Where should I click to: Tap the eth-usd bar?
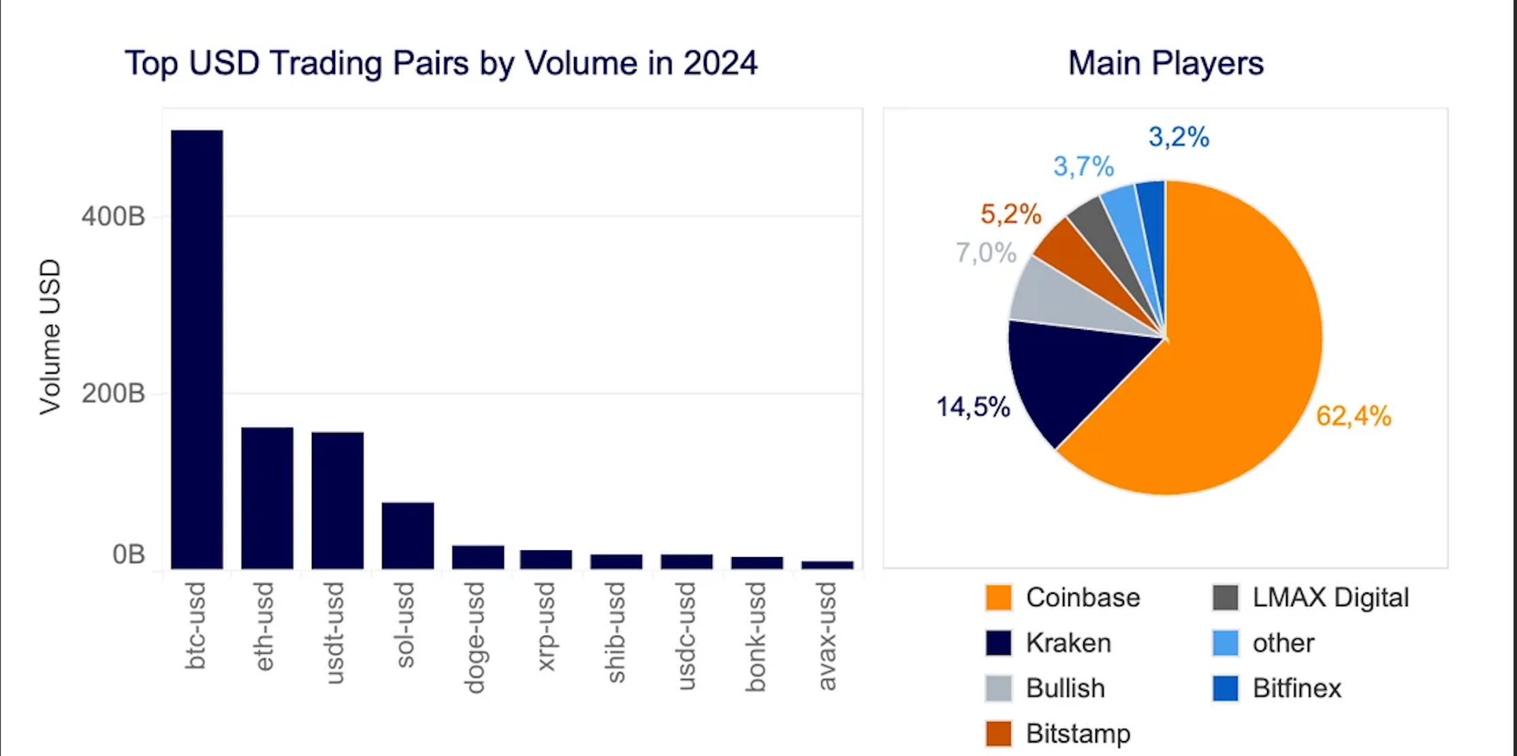(267, 498)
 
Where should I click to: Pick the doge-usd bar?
(478, 557)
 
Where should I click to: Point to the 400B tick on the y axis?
(113, 217)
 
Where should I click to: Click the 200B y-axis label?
(113, 394)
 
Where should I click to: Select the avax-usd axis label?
(827, 635)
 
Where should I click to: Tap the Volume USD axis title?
(50, 337)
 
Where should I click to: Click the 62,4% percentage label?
(1353, 416)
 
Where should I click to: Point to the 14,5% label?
(973, 407)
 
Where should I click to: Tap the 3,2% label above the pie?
(1179, 137)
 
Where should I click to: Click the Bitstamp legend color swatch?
(998, 734)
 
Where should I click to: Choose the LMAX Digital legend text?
(1330, 597)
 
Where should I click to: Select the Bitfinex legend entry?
(1296, 688)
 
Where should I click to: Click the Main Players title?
(1166, 63)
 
